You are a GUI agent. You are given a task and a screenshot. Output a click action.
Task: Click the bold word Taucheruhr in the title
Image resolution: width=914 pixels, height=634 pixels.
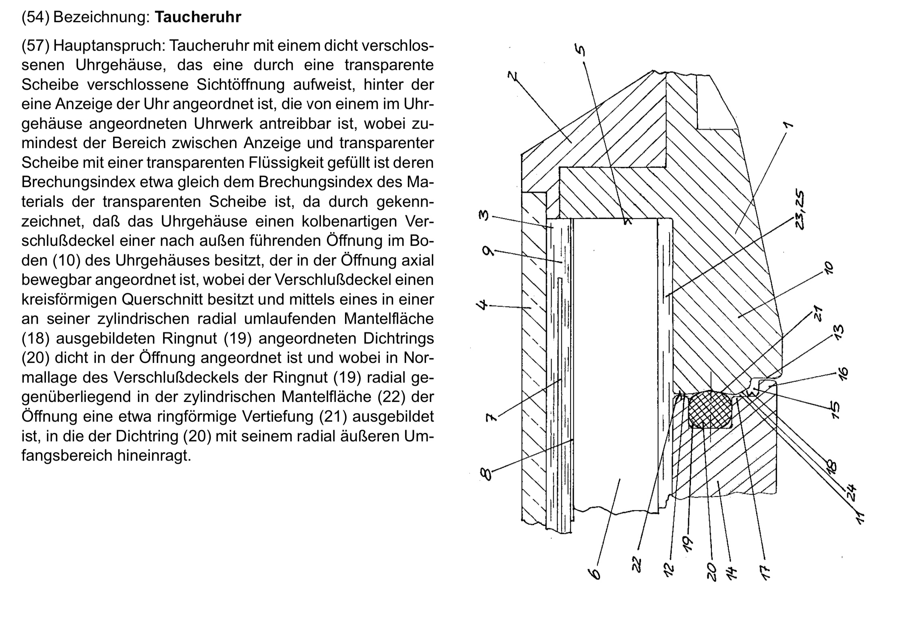tap(198, 17)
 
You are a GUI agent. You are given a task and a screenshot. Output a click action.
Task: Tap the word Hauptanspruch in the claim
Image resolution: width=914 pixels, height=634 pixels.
tap(110, 46)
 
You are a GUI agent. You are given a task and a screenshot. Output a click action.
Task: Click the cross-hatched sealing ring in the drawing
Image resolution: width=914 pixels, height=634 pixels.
tap(710, 410)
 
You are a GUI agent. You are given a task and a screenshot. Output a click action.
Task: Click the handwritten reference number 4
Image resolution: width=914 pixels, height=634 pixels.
tap(482, 305)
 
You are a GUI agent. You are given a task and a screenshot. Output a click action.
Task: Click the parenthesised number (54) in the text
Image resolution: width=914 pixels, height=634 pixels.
tap(35, 17)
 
